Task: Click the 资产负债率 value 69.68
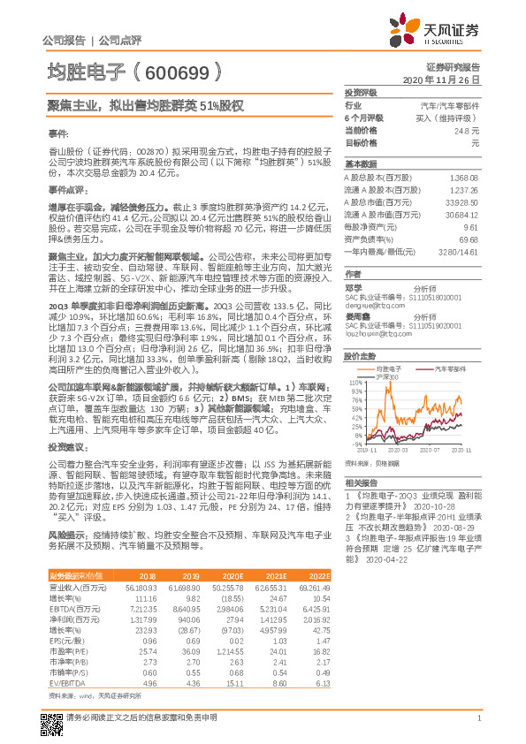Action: [469, 239]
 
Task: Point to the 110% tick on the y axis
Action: [355, 382]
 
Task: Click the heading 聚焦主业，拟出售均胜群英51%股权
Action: [145, 105]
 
